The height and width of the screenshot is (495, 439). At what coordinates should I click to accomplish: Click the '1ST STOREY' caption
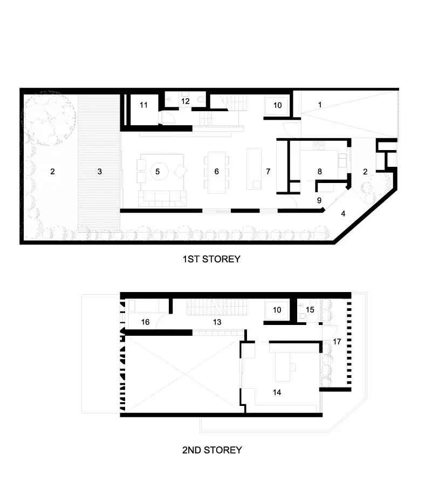(x=211, y=259)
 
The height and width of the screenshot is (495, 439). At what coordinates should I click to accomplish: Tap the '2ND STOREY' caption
(x=212, y=450)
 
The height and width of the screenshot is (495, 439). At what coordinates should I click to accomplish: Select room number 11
(x=143, y=105)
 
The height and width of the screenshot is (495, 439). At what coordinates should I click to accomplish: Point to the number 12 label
(x=185, y=101)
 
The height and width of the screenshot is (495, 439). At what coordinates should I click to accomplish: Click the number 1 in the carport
(x=320, y=105)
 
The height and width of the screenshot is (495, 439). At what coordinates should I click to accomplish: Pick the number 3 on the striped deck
(x=100, y=172)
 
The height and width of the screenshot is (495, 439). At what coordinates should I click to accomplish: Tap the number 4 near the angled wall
(x=343, y=214)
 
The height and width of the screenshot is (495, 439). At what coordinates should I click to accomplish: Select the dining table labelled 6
(x=216, y=172)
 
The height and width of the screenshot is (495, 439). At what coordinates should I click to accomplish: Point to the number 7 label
(x=268, y=172)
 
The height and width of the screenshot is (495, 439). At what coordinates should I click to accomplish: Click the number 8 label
(x=319, y=172)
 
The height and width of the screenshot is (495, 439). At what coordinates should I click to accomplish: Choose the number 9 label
(x=319, y=200)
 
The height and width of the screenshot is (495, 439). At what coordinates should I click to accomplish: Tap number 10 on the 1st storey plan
(x=278, y=105)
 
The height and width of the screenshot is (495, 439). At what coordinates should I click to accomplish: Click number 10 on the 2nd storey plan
(x=277, y=310)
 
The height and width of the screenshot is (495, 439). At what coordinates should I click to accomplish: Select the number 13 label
(x=217, y=322)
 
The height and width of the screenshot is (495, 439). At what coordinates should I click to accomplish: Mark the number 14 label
(x=277, y=392)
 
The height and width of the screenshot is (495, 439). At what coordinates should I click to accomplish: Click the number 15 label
(x=310, y=310)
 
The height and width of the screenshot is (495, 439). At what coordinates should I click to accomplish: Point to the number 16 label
(x=145, y=322)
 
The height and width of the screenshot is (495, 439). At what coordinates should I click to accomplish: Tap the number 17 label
(x=337, y=342)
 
